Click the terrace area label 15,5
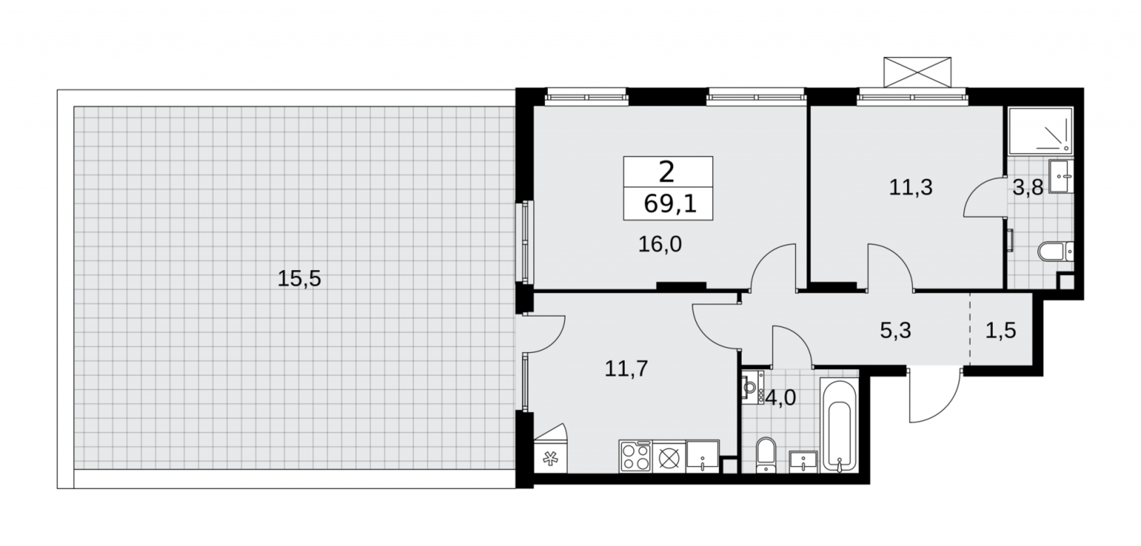[299, 279]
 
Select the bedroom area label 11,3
[911, 187]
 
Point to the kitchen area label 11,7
[626, 369]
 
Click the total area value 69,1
[670, 204]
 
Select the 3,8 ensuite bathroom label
[1028, 188]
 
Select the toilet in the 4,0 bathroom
[766, 455]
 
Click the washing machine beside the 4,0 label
[753, 387]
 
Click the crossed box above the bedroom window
[918, 72]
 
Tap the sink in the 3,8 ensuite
[1061, 176]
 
